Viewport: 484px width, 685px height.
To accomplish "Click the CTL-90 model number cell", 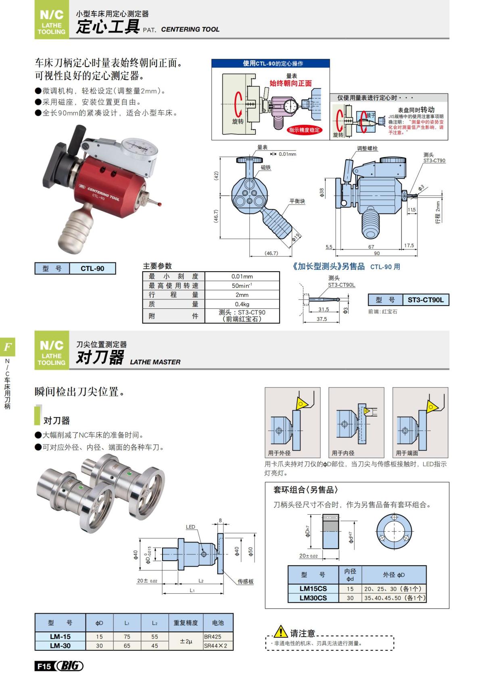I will click(x=92, y=268).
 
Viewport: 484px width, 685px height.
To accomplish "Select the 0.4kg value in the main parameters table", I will click(x=242, y=304).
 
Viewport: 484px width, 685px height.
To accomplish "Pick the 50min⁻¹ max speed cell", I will click(x=242, y=285).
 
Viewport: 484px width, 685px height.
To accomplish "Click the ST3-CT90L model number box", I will click(x=425, y=300).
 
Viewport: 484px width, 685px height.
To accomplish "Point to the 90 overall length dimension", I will click(x=376, y=253).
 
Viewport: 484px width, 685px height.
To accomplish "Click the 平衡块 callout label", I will click(x=297, y=201).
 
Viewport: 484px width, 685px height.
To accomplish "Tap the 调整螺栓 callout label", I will click(x=367, y=149).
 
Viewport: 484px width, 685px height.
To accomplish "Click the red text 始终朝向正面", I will click(x=290, y=84).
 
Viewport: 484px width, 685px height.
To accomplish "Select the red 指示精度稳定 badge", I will click(x=304, y=130).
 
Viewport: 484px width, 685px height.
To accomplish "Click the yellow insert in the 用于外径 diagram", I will click(x=301, y=402).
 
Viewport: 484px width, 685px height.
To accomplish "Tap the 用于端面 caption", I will click(x=407, y=453).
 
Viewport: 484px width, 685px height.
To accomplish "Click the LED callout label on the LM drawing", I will click(x=190, y=527).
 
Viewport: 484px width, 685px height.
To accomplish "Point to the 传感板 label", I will click(x=245, y=581).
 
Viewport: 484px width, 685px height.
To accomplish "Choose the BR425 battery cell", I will click(x=213, y=637).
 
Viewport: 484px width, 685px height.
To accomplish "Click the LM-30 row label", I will click(x=60, y=645).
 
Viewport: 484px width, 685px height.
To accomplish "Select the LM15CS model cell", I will click(x=313, y=589).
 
